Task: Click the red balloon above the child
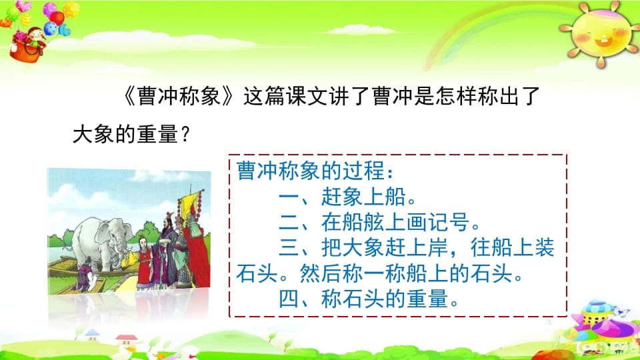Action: tap(57, 17)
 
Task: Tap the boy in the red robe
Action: tap(145, 263)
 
